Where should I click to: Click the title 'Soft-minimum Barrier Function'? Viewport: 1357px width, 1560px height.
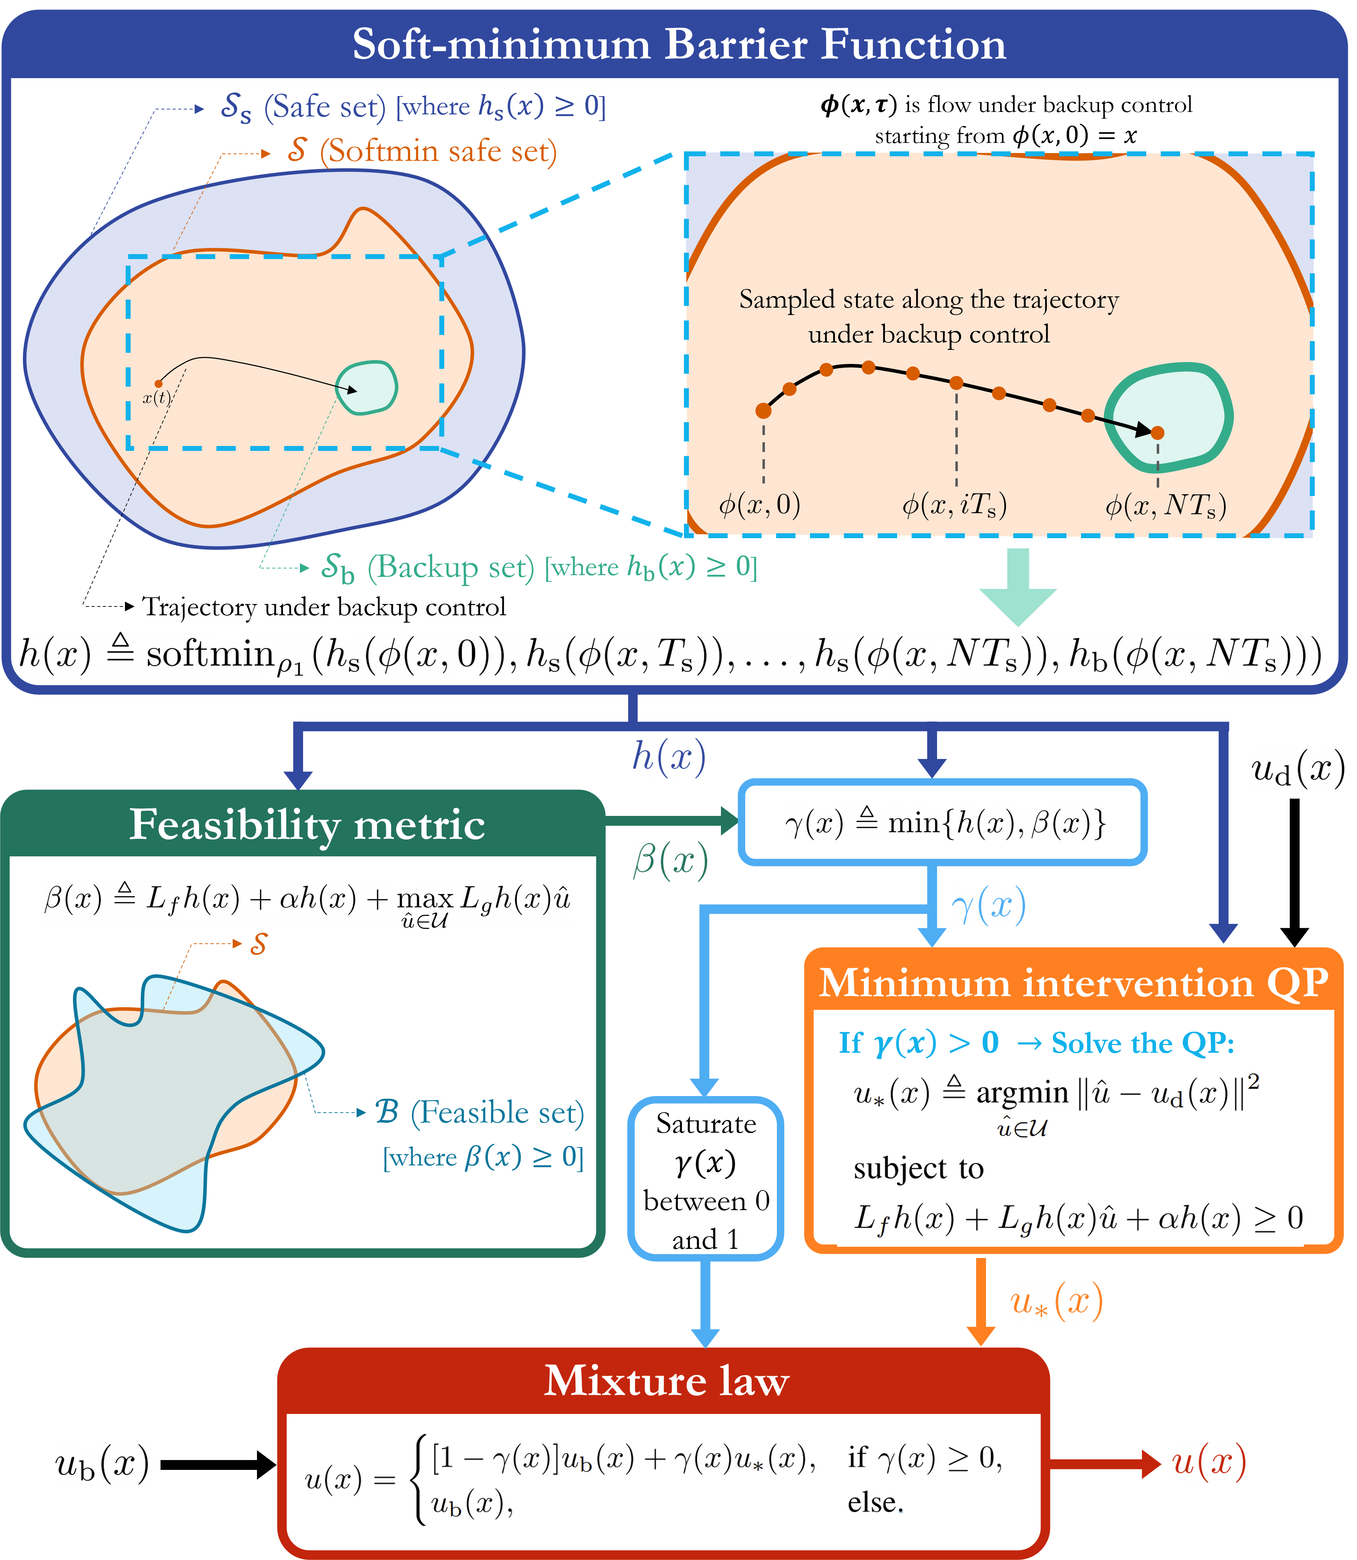pos(679,44)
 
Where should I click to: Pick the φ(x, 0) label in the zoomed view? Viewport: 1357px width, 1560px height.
pos(760,504)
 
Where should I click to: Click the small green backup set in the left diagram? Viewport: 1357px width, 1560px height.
pos(366,388)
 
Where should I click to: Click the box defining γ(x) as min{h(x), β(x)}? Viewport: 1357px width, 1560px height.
pos(943,822)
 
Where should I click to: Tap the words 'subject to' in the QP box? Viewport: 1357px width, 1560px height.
pos(918,1169)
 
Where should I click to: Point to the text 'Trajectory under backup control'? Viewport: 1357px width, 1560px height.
pos(324,606)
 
